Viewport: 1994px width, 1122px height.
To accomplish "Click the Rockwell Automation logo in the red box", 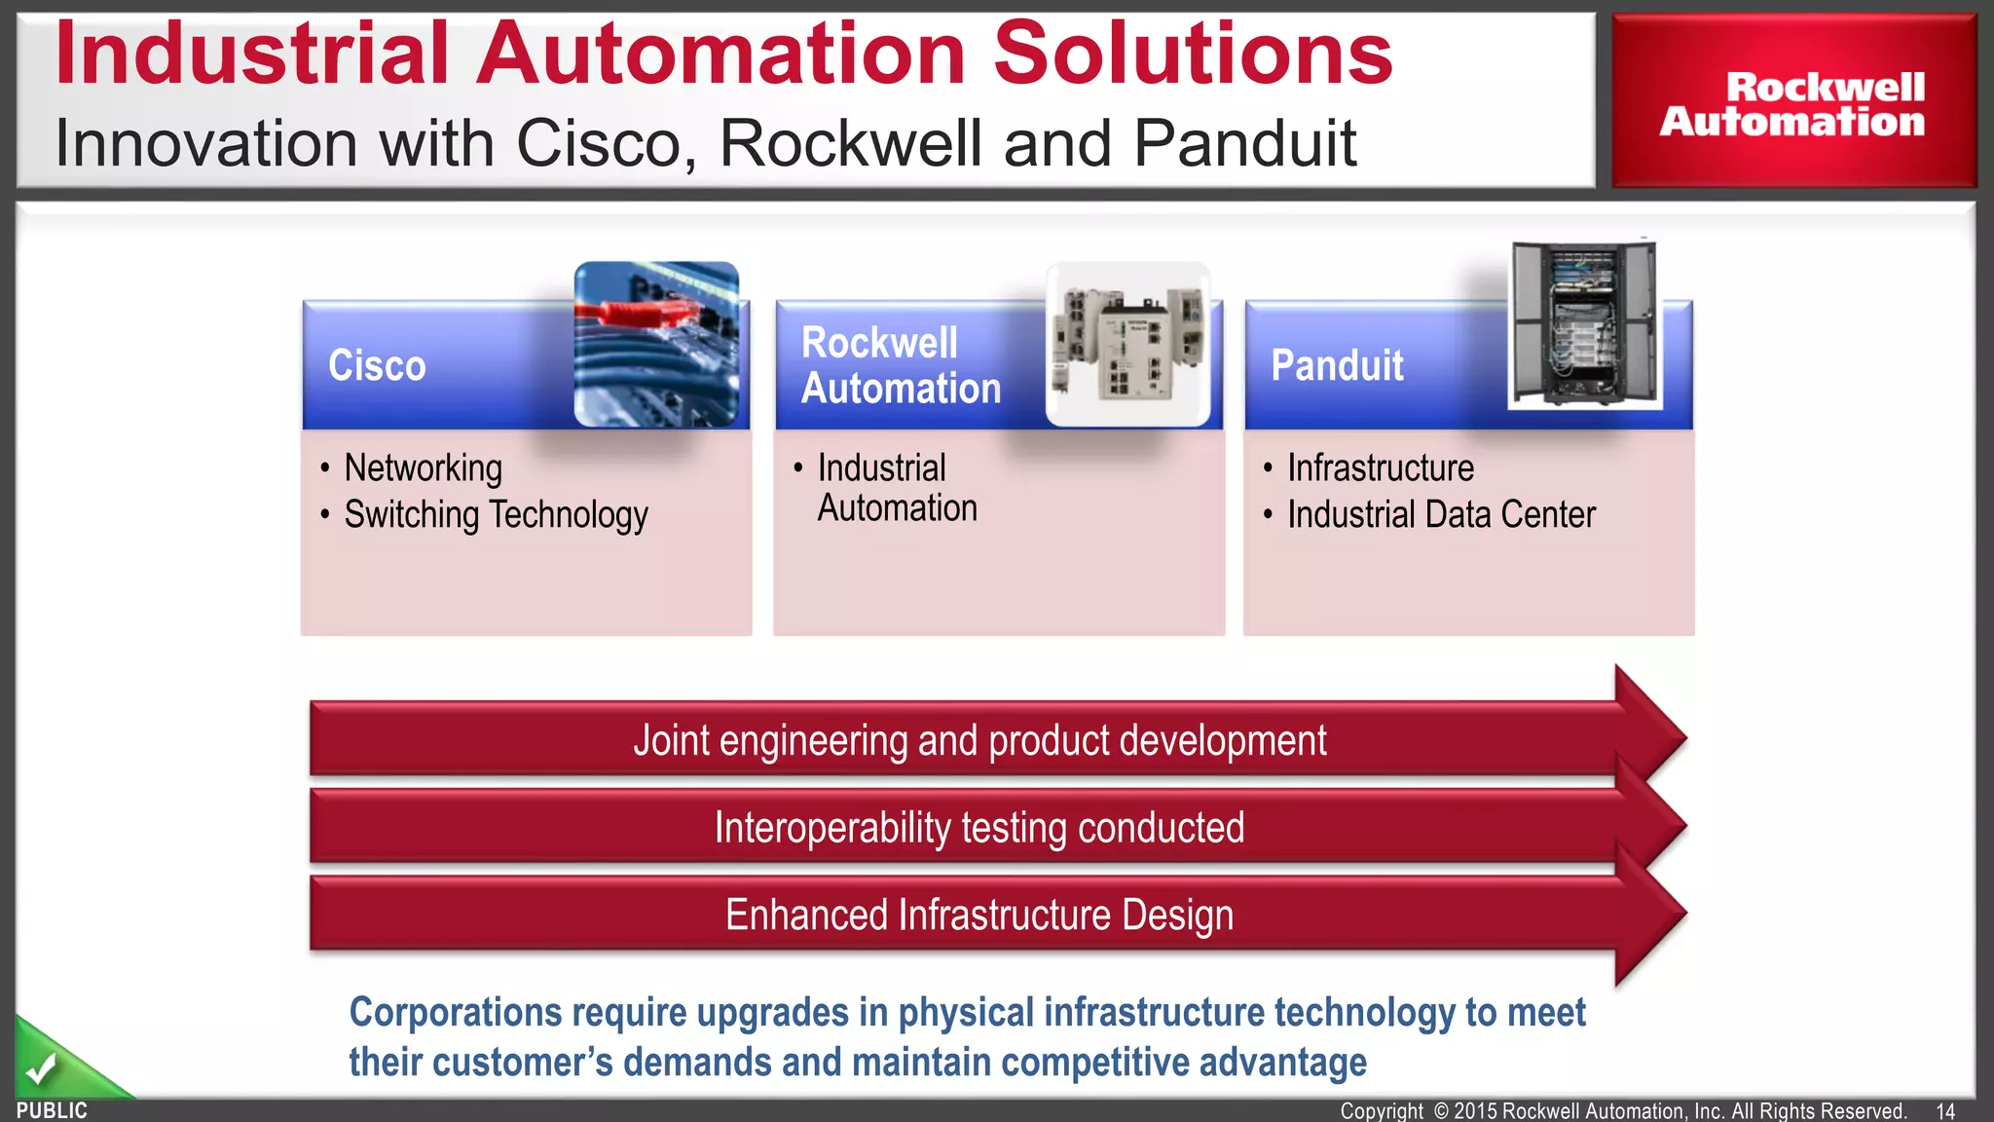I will [x=1792, y=104].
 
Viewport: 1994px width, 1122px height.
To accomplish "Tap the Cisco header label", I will [x=377, y=365].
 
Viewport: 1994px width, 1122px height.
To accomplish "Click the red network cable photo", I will [x=656, y=344].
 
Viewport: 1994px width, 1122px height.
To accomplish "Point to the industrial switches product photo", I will [x=1128, y=344].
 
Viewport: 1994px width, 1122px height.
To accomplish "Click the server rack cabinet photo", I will [x=1584, y=324].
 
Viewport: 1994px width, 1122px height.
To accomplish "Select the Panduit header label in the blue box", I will [x=1337, y=365].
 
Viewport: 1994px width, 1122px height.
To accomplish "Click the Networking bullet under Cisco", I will [x=423, y=468].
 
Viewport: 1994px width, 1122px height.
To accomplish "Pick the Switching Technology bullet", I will [x=496, y=515].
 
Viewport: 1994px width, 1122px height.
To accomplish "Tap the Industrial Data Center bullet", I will [x=1441, y=515].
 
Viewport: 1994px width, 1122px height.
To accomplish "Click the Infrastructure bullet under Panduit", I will [x=1380, y=468].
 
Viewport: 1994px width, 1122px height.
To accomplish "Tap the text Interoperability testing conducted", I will [x=979, y=828].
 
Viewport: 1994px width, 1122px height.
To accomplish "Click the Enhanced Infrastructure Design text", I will [x=979, y=916].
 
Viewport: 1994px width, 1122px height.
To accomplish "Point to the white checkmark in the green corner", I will [x=41, y=1069].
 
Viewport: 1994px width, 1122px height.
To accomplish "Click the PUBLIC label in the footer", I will [x=52, y=1110].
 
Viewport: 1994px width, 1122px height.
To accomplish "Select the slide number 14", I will [x=1945, y=1111].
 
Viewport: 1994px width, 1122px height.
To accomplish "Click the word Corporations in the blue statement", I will [x=455, y=1013].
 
